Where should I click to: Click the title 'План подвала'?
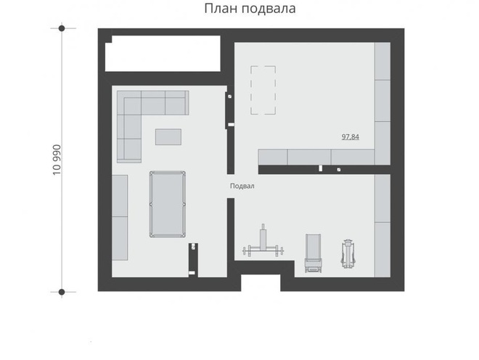(x=250, y=9)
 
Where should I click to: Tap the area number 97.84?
(x=350, y=137)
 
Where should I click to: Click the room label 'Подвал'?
(x=242, y=186)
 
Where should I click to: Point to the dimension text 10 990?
(x=57, y=160)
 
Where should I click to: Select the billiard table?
(x=168, y=204)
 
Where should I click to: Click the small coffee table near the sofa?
(x=168, y=137)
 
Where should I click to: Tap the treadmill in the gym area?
(x=313, y=253)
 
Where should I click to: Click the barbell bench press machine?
(x=263, y=245)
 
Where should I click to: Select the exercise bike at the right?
(x=348, y=254)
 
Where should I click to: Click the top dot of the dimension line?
(x=62, y=28)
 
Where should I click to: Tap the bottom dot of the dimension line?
(x=62, y=292)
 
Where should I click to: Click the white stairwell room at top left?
(x=163, y=54)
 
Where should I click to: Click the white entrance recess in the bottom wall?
(x=261, y=282)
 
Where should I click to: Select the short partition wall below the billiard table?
(x=193, y=260)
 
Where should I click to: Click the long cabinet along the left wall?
(x=120, y=218)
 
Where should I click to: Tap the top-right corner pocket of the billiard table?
(x=184, y=173)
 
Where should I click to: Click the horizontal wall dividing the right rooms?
(x=324, y=170)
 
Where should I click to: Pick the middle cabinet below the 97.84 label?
(x=309, y=157)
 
